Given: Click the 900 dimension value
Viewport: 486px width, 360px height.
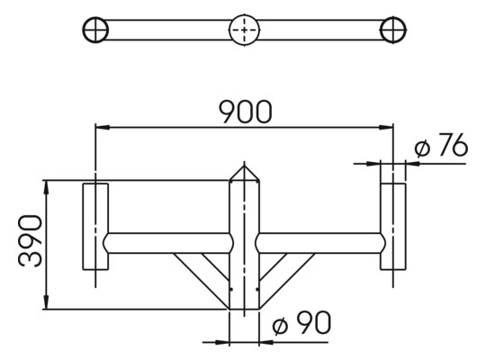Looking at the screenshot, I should pyautogui.click(x=245, y=112).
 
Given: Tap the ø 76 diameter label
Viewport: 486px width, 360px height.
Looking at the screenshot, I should pyautogui.click(x=442, y=147).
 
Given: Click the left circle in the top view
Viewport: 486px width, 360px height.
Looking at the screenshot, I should pyautogui.click(x=94, y=29).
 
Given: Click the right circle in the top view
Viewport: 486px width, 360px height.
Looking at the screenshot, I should pyautogui.click(x=393, y=29).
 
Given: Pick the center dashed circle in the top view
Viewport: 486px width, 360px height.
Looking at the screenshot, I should pyautogui.click(x=244, y=30).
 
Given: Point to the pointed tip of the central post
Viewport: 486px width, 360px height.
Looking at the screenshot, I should pyautogui.click(x=244, y=166).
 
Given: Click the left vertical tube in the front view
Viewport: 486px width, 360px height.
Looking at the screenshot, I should pyautogui.click(x=95, y=226).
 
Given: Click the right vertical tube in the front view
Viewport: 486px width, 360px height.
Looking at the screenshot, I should pyautogui.click(x=392, y=226).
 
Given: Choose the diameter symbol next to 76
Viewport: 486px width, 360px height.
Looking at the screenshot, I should pyautogui.click(x=423, y=148).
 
